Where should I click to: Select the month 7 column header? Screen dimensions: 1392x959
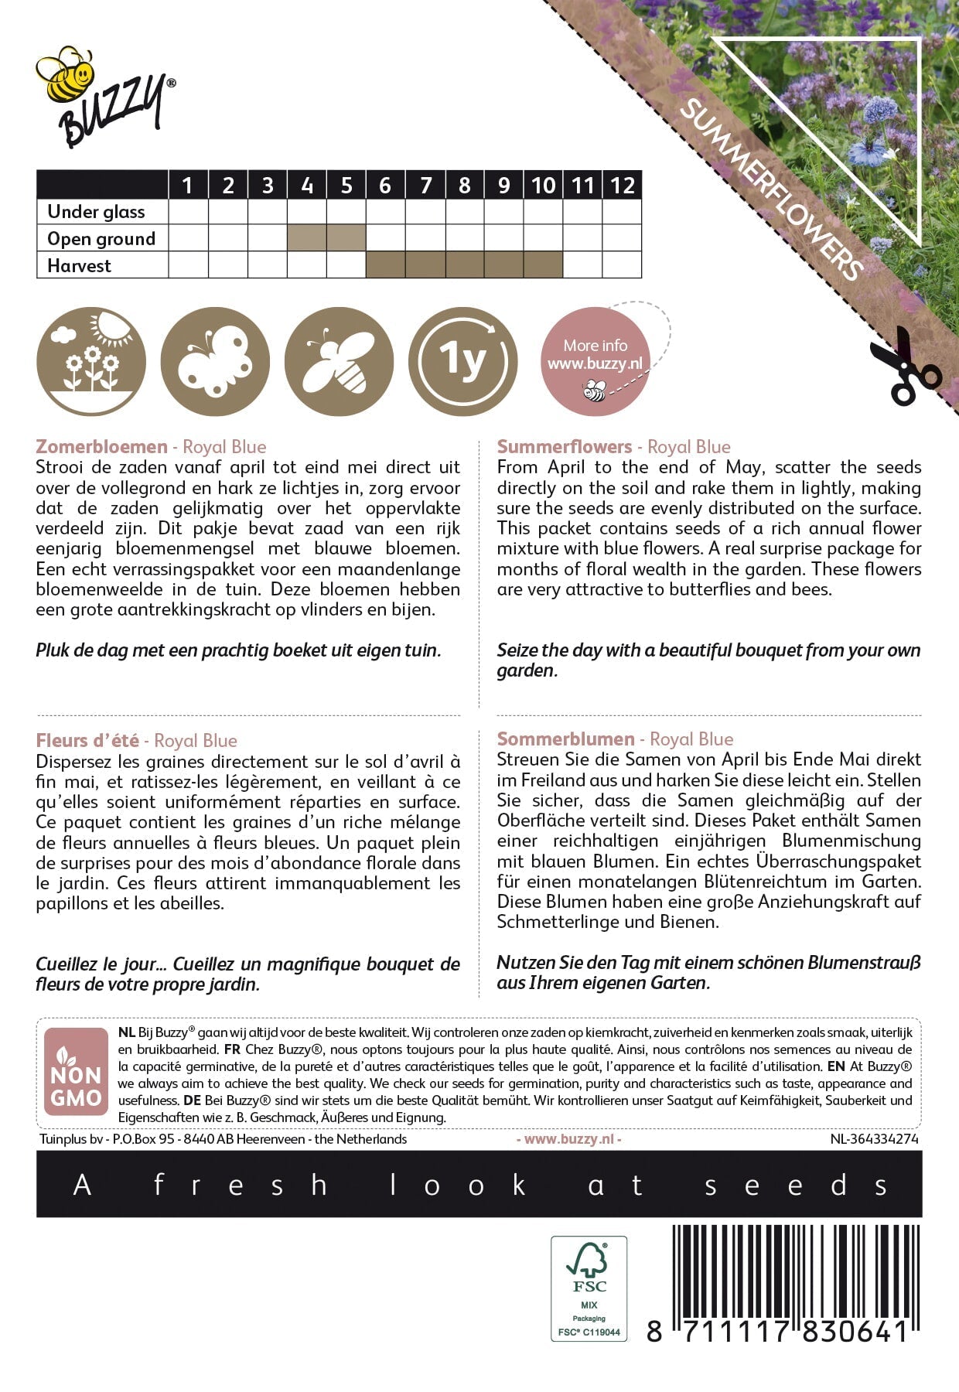[425, 186]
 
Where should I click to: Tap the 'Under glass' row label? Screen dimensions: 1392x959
[96, 212]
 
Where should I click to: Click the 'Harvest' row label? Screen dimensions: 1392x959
[79, 266]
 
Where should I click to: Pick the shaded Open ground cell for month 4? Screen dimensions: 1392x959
[307, 238]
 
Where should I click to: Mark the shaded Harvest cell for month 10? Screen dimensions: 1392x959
[543, 265]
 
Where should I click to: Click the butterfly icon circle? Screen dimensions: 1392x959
[215, 361]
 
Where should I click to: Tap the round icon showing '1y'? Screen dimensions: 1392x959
[462, 361]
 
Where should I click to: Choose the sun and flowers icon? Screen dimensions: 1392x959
[91, 361]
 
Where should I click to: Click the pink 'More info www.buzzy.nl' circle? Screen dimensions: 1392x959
[595, 361]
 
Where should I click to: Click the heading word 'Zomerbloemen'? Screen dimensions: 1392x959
[101, 447]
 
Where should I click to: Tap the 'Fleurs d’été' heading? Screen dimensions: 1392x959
[87, 741]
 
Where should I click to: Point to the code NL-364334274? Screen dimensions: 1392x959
[874, 1139]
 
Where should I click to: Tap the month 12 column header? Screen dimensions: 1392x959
[622, 186]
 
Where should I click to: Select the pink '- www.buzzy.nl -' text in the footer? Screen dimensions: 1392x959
[568, 1139]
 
